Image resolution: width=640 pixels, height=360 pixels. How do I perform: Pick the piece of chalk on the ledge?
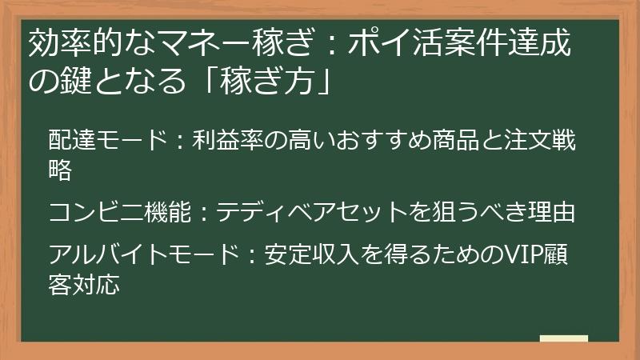(563, 338)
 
